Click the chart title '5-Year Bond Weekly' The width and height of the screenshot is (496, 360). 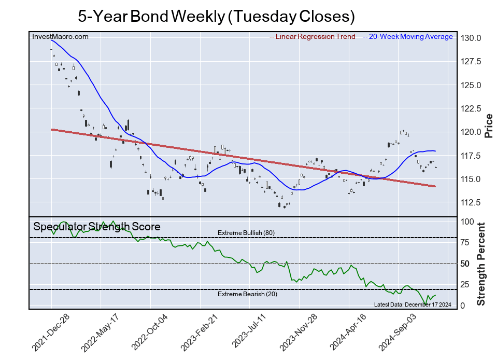pos(216,16)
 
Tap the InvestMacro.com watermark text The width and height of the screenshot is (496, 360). pos(60,36)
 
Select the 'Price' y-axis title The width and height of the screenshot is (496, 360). pos(488,125)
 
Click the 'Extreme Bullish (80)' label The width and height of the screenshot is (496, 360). pos(246,232)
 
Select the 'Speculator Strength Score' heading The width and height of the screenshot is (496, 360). pos(97,227)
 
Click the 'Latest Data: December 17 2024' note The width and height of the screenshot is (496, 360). pos(412,304)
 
